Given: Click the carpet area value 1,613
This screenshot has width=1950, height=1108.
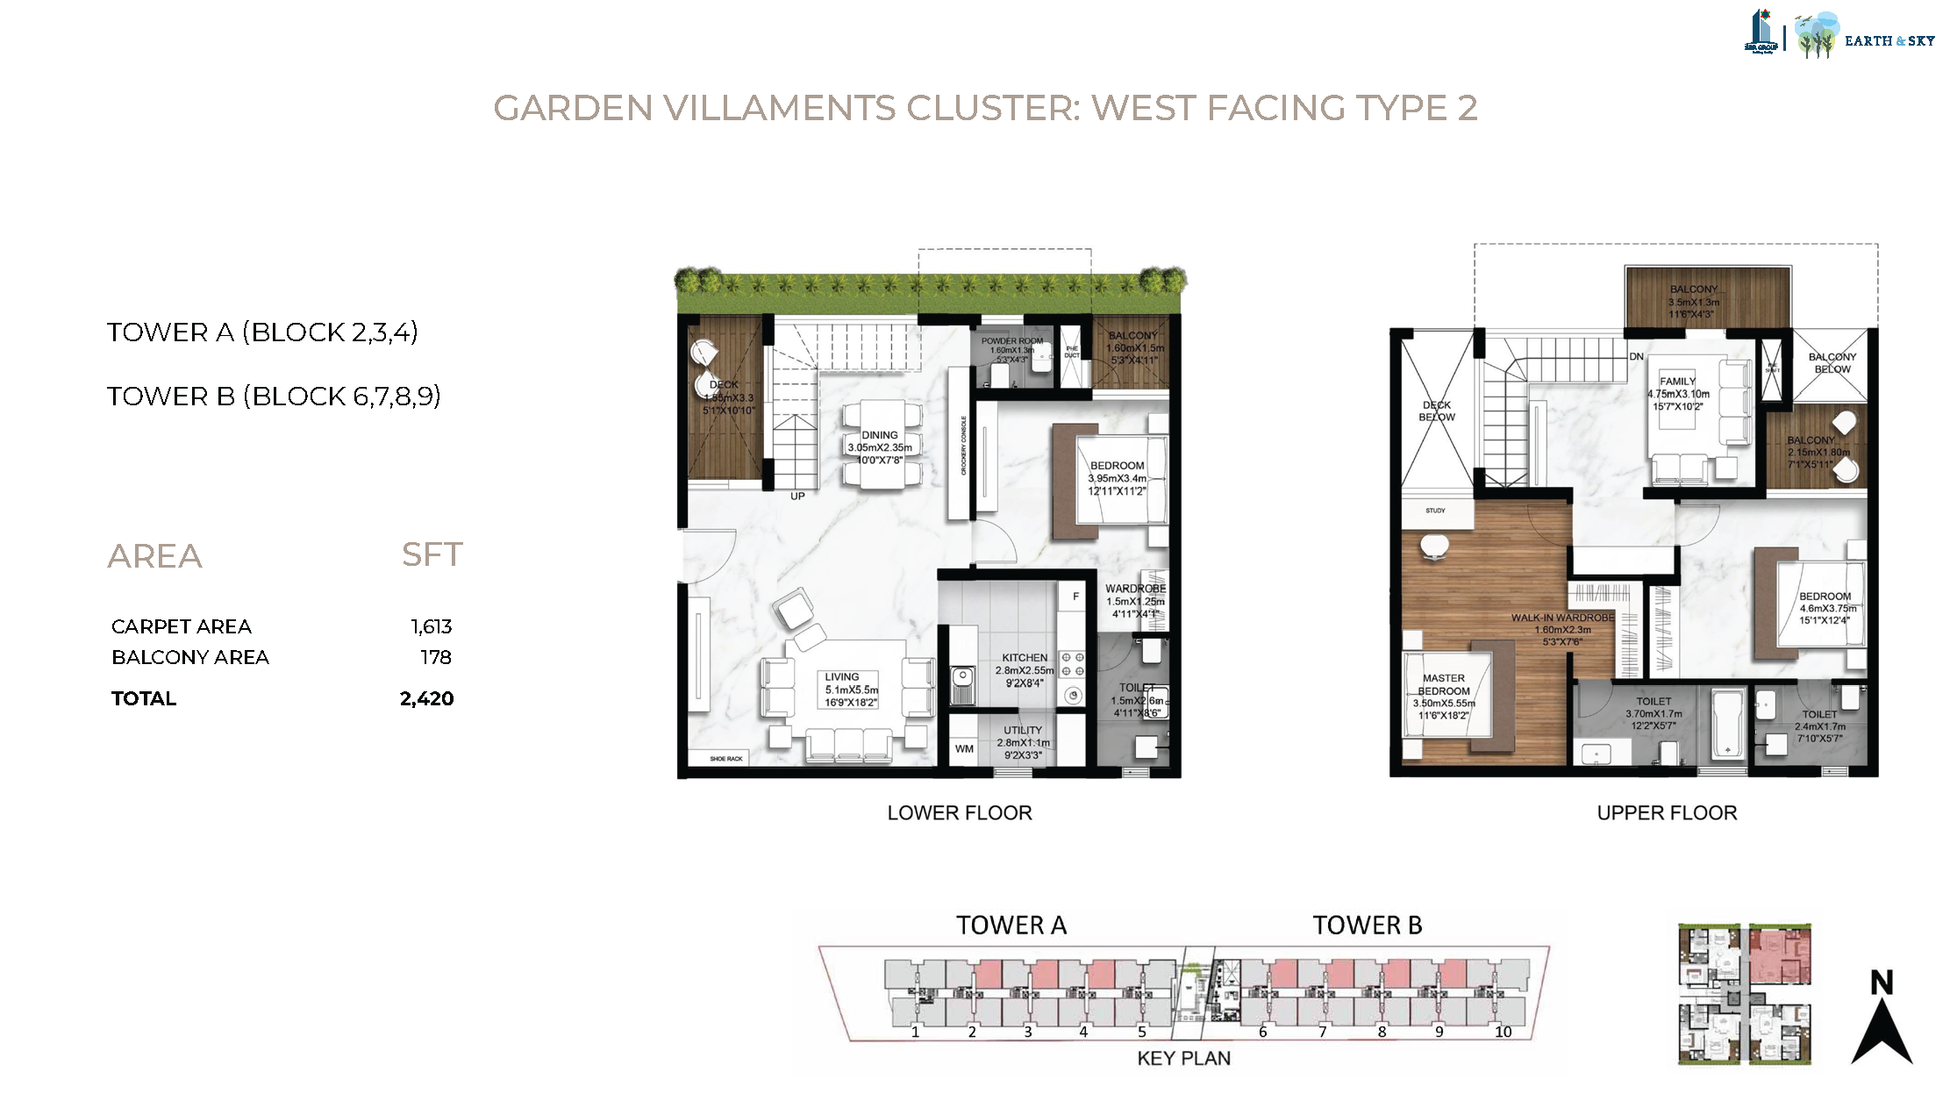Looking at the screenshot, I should [x=431, y=626].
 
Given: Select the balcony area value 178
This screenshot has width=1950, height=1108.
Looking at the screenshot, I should [x=435, y=657].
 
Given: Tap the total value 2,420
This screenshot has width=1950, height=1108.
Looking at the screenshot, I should [x=426, y=698].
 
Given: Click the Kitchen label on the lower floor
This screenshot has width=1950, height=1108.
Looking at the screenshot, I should [x=1025, y=658].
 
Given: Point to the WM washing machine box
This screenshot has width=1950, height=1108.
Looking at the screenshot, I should [x=964, y=748].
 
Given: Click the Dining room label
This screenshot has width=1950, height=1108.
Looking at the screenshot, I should [x=879, y=435].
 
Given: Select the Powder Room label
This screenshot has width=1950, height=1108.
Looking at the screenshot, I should [x=1011, y=341].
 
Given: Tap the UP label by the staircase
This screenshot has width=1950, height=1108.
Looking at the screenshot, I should [x=797, y=497].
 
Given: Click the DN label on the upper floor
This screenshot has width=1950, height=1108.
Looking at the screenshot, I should [x=1636, y=357].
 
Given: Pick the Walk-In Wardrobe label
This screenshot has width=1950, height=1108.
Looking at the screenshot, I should [x=1562, y=618].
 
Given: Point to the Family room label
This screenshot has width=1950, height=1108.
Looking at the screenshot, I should [x=1677, y=382].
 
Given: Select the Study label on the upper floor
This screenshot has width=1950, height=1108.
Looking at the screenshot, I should [x=1435, y=511].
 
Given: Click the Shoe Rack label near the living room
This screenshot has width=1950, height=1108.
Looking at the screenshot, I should [x=725, y=759].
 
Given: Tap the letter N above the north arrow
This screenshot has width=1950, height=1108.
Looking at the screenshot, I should [x=1881, y=983].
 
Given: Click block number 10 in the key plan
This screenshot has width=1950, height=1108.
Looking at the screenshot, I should [x=1503, y=1033].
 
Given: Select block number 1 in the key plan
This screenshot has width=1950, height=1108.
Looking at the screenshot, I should [x=915, y=1033].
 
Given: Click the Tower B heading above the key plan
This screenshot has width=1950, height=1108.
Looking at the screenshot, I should [x=1367, y=926].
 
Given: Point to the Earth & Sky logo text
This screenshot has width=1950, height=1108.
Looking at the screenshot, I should [x=1889, y=40].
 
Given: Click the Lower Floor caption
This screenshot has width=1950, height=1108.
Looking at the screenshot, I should [x=959, y=813].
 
